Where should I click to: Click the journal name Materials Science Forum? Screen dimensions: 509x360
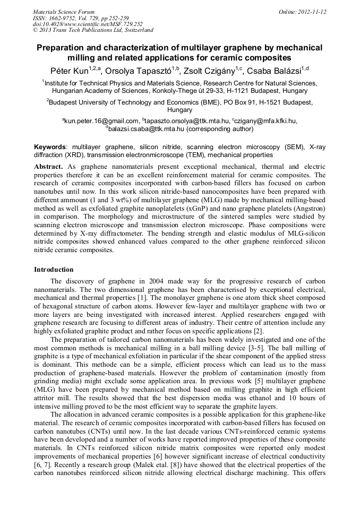pos(64,11)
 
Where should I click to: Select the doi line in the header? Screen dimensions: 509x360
pos(88,24)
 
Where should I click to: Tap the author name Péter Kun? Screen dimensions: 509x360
pos(70,71)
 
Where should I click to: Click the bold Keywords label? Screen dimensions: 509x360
pos(50,147)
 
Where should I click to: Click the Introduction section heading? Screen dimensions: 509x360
pos(54,270)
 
